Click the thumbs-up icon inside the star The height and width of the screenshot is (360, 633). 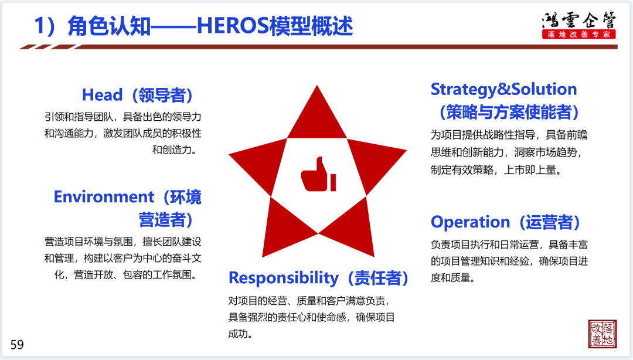318,174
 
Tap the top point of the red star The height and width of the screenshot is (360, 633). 317,86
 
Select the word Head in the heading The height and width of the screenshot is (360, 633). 102,95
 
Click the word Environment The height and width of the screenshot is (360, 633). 104,197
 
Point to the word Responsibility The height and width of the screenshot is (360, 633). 284,278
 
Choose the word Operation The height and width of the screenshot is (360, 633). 470,222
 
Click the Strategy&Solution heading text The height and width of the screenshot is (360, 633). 504,89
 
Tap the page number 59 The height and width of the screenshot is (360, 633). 17,345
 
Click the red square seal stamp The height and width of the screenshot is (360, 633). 603,334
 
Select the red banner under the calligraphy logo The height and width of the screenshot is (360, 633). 579,35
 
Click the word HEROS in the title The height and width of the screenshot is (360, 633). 233,26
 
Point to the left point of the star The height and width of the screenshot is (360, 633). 229,154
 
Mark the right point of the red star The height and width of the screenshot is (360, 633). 406,150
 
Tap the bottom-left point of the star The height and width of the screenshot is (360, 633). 263,257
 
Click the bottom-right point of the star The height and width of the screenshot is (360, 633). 374,256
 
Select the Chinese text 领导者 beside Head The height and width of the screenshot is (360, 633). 162,96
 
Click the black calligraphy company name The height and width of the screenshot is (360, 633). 579,20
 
